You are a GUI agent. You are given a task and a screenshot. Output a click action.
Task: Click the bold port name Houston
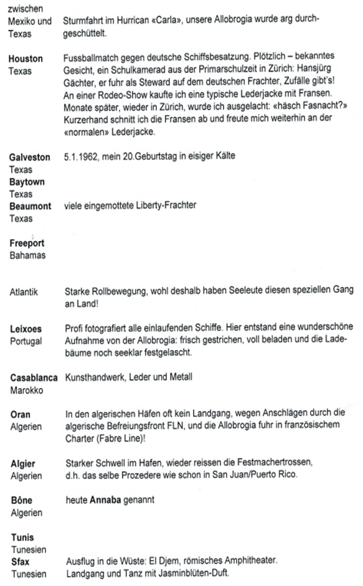click(x=26, y=59)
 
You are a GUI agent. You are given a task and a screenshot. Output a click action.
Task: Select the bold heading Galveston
click(x=30, y=158)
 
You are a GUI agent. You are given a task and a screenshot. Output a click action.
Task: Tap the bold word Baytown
click(x=27, y=181)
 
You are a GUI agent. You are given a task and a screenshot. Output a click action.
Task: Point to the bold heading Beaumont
click(x=30, y=206)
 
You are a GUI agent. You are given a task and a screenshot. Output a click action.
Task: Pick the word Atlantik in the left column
click(x=25, y=291)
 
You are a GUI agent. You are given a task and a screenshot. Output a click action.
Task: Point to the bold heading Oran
click(x=21, y=414)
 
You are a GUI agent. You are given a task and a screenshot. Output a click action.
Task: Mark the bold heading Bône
click(x=21, y=500)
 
